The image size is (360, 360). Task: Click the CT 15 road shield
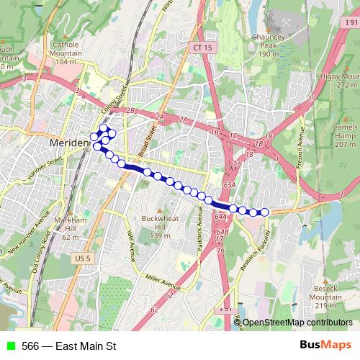(x=202, y=48)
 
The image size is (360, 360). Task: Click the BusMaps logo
(x=325, y=346)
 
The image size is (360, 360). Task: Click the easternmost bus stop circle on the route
(x=264, y=212)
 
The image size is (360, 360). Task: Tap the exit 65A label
(x=230, y=185)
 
